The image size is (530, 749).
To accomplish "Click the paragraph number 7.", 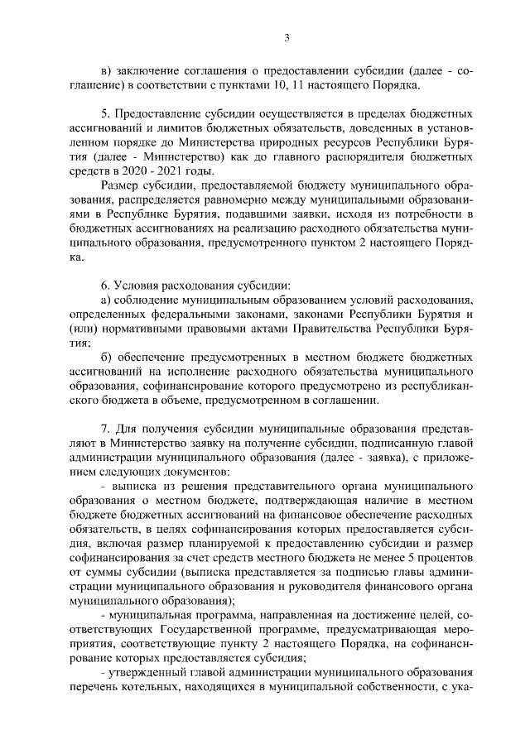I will pyautogui.click(x=104, y=431).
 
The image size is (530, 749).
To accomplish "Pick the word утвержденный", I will pyautogui.click(x=148, y=670).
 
